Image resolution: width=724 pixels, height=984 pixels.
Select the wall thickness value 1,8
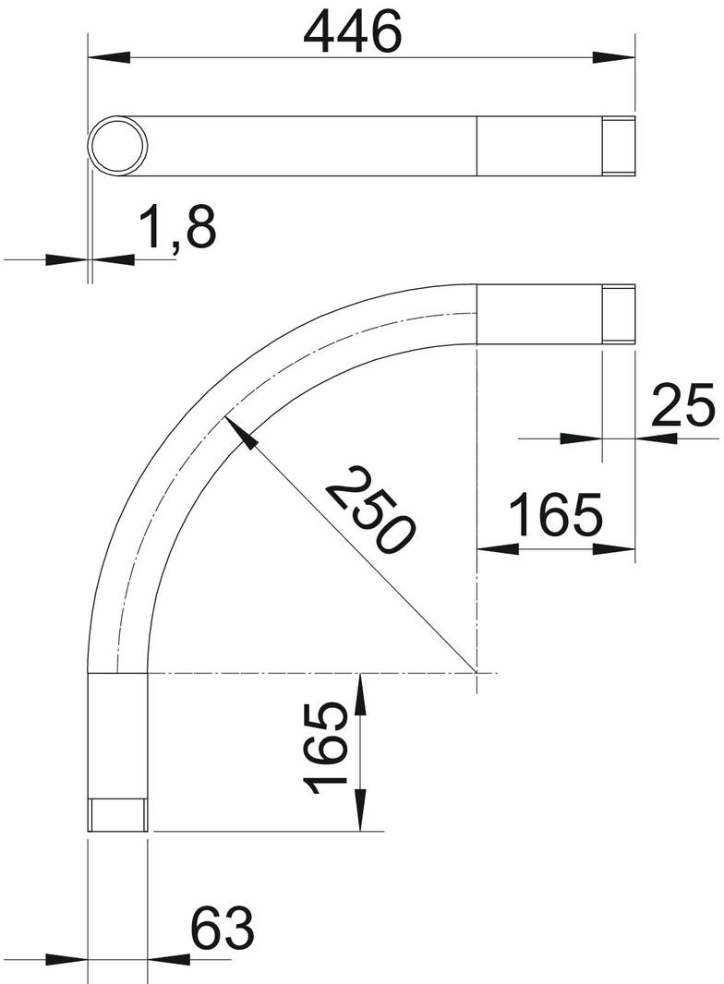(x=178, y=228)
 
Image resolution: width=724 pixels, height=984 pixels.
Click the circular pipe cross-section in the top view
(x=118, y=147)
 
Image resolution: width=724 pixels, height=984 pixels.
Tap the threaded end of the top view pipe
(x=619, y=147)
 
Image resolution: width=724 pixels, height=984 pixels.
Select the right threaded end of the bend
(x=619, y=315)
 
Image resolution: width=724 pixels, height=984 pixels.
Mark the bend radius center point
(x=477, y=673)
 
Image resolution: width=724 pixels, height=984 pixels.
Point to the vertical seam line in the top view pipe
(x=477, y=147)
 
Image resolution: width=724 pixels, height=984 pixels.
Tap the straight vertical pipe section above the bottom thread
(x=118, y=734)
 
